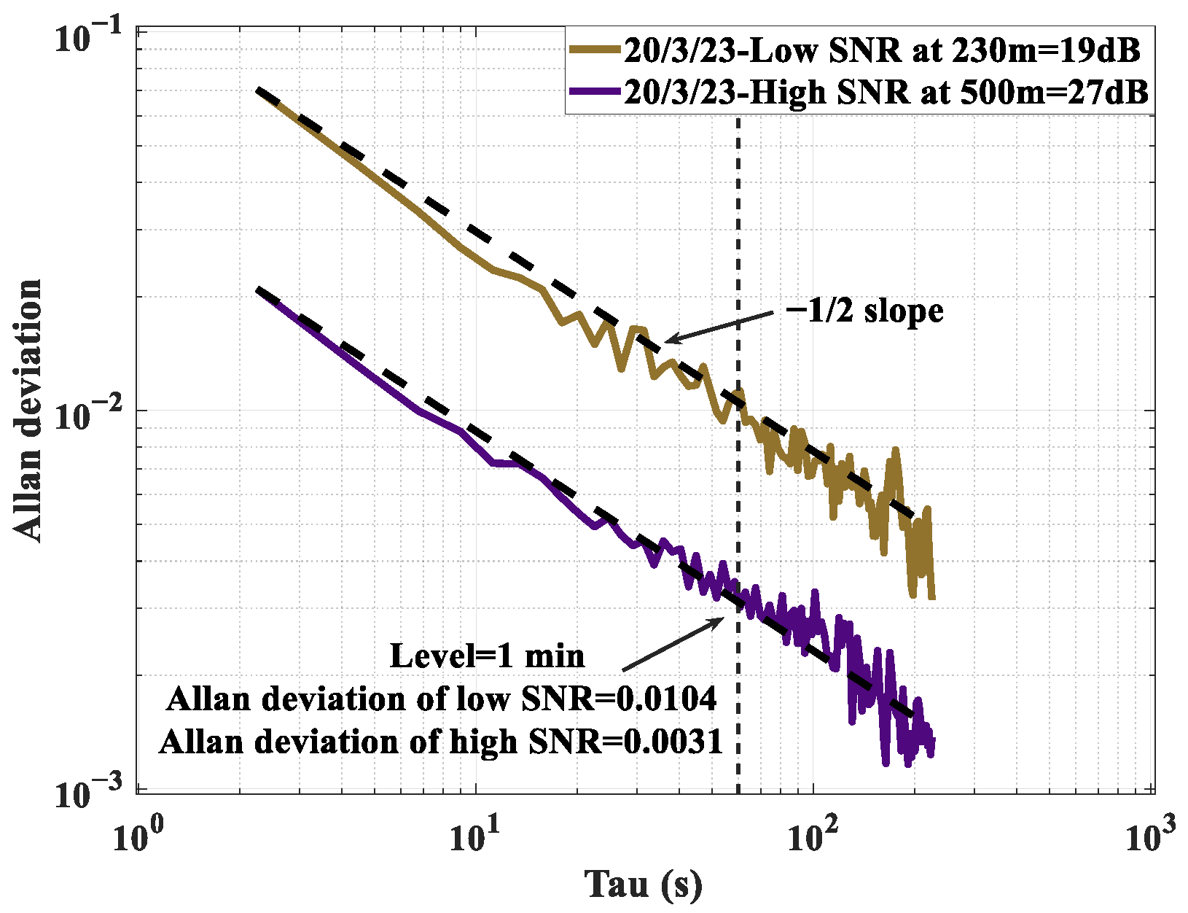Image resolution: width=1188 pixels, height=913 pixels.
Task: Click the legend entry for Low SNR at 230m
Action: click(882, 50)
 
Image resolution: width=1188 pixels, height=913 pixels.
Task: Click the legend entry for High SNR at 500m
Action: click(886, 93)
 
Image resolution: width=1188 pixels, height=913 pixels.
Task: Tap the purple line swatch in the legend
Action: click(595, 93)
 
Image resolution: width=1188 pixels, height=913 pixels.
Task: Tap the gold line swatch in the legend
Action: click(595, 50)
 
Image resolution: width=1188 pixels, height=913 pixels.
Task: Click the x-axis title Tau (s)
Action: click(644, 884)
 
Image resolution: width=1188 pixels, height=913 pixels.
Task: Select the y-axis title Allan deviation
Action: click(29, 410)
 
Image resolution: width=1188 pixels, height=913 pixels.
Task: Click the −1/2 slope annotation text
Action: click(865, 311)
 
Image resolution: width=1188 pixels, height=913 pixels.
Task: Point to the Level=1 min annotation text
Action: click(487, 655)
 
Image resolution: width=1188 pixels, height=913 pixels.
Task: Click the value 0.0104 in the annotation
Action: click(666, 699)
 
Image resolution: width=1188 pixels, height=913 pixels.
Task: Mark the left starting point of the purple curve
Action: click(257, 290)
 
